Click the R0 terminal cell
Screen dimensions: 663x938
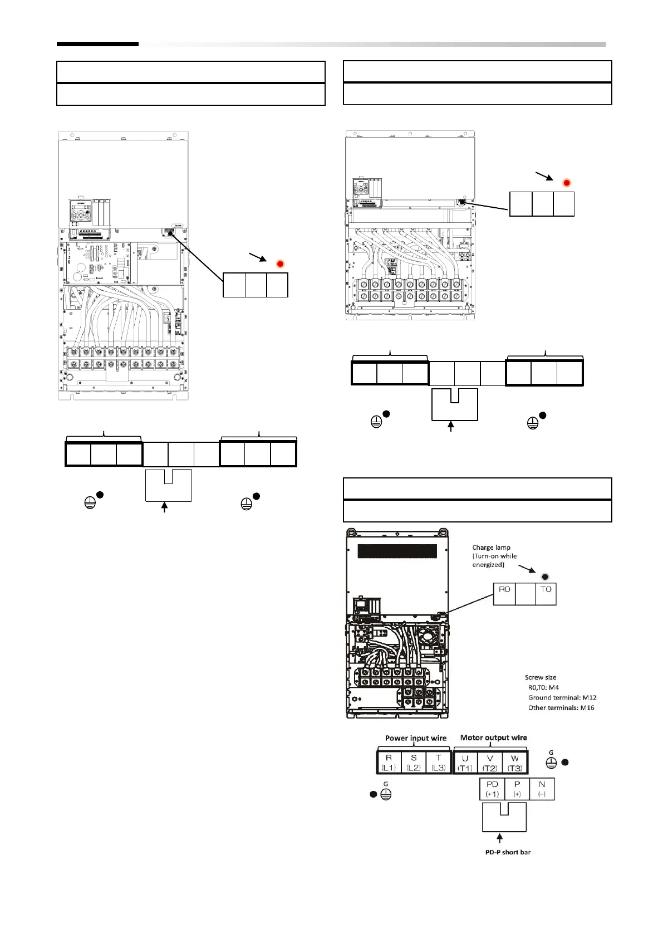[504, 594]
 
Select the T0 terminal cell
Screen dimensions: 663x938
[546, 594]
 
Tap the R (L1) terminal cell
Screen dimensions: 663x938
[389, 763]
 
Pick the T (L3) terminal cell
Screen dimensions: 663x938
[439, 763]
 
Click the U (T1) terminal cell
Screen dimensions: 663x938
[465, 763]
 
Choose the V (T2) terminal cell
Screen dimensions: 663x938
[490, 763]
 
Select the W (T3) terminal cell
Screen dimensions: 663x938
[515, 763]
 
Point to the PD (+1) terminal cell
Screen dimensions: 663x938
[492, 789]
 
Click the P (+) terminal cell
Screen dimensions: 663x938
[517, 789]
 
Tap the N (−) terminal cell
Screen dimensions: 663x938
[542, 789]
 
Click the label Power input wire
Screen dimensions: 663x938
[416, 738]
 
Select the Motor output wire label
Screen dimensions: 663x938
[493, 737]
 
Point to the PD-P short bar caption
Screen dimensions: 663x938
[508, 852]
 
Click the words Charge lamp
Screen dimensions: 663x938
[492, 548]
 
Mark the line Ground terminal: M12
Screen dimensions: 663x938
[562, 697]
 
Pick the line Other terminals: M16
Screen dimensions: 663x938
[561, 708]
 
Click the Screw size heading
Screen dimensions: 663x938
[541, 677]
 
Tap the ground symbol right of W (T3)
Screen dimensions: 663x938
[551, 762]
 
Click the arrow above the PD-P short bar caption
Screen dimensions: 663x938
[500, 838]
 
